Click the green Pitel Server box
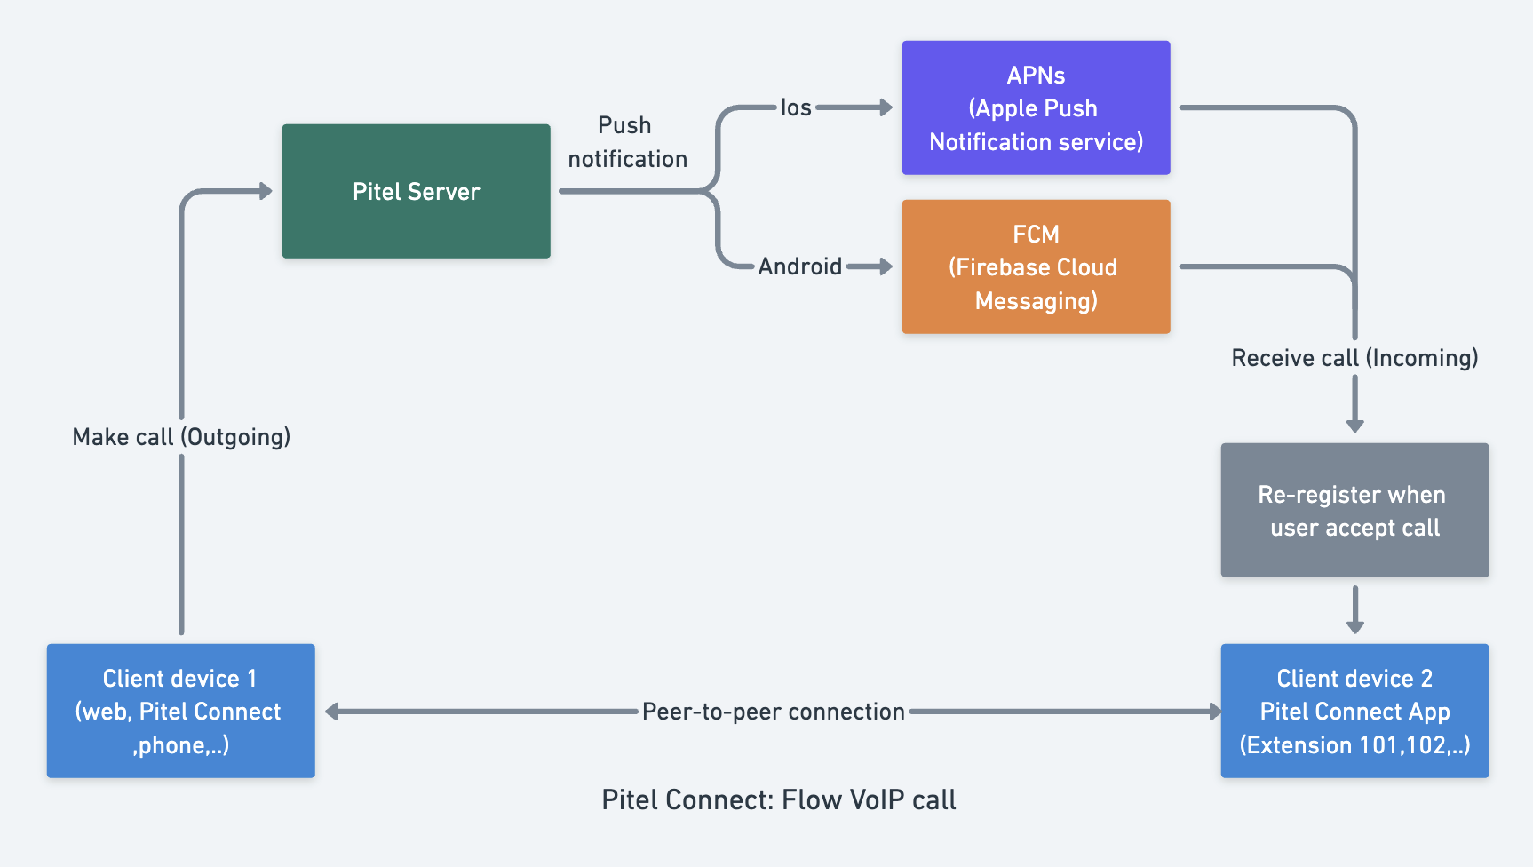coord(416,191)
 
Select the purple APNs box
coord(1036,107)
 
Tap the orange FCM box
coord(1036,266)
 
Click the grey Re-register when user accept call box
coord(1354,510)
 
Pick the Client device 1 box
coord(181,711)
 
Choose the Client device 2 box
coord(1354,711)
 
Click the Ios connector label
coord(796,107)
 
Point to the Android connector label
coord(799,266)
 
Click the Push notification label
coord(627,142)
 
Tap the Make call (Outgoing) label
coord(181,437)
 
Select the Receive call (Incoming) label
coord(1354,358)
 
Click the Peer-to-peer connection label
coord(773,712)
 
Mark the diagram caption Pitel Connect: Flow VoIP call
coord(779,799)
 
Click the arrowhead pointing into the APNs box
coord(886,107)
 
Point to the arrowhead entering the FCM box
coord(886,266)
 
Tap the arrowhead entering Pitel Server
coord(266,191)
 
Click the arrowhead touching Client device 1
coord(332,712)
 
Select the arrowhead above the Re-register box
coord(1354,426)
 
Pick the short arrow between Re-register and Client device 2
coord(1354,610)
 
